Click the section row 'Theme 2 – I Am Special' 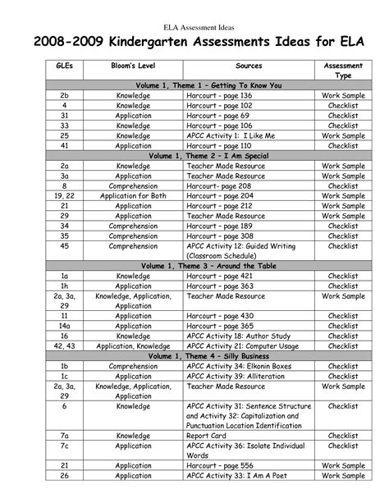coord(195,154)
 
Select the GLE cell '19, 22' coord(64,197)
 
